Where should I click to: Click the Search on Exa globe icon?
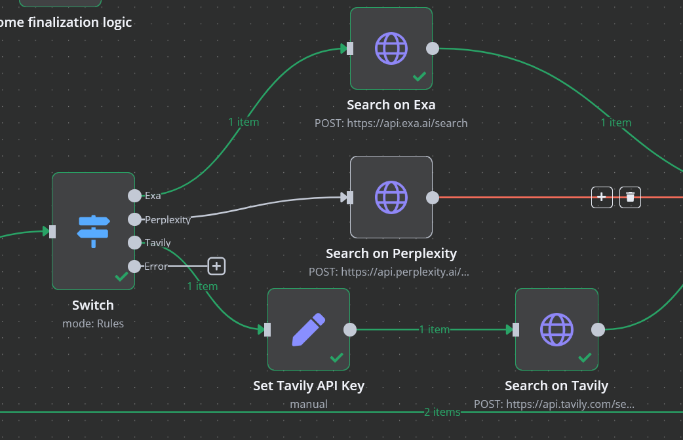click(391, 48)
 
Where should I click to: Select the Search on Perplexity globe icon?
click(391, 197)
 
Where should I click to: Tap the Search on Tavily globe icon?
click(556, 329)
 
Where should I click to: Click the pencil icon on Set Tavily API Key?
click(309, 329)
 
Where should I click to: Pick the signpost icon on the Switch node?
click(93, 231)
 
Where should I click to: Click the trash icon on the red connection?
click(630, 196)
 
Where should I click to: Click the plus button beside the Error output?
click(216, 266)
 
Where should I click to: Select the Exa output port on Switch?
click(134, 195)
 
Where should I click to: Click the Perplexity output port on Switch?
click(134, 219)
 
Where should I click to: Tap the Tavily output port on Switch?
click(134, 243)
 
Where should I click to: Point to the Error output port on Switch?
click(134, 266)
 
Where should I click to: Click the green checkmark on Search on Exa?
click(420, 77)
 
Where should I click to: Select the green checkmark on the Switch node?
click(121, 277)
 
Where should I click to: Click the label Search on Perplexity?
click(391, 253)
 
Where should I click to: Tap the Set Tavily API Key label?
click(309, 386)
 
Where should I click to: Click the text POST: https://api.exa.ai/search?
click(391, 123)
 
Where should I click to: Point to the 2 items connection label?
click(442, 412)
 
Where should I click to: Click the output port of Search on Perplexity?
click(433, 197)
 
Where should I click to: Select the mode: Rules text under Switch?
click(93, 323)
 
